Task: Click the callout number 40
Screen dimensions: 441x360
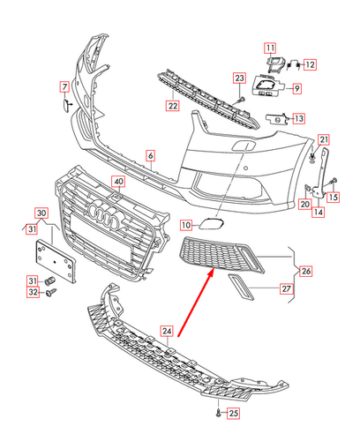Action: (x=118, y=182)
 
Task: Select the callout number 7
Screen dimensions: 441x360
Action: (x=64, y=86)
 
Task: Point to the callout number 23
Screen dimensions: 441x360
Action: (x=239, y=79)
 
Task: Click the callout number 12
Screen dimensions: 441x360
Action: (x=311, y=64)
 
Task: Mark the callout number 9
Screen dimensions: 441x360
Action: (x=296, y=88)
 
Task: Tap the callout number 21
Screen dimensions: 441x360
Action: (x=324, y=139)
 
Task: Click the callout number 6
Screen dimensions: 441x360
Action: (x=151, y=156)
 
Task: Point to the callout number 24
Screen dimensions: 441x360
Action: (x=167, y=331)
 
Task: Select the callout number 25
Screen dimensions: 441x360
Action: (x=233, y=413)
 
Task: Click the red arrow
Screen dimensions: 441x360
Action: (x=193, y=305)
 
